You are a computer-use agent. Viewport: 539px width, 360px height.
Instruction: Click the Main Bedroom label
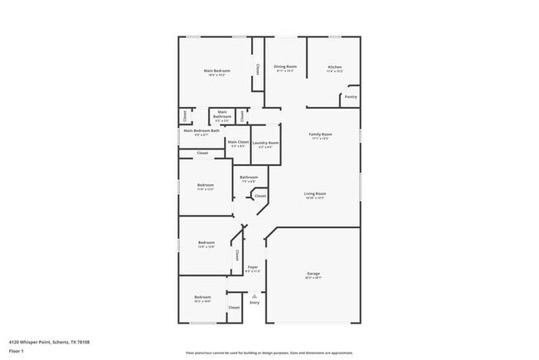pos(217,71)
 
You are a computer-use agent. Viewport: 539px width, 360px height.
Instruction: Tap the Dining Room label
pos(285,66)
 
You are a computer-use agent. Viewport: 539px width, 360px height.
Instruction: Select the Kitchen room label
pos(334,66)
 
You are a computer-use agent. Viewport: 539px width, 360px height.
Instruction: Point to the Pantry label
pos(351,97)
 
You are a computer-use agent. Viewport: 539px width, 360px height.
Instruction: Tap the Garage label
pos(313,274)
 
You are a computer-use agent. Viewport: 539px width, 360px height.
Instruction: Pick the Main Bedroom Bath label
pos(202,130)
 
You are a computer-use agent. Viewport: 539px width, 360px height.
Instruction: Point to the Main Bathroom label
pos(222,114)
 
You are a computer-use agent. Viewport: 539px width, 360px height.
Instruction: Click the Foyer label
pos(253,267)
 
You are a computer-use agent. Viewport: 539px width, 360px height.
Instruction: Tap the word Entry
pos(255,302)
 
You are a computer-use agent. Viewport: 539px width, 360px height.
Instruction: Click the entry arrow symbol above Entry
pos(255,295)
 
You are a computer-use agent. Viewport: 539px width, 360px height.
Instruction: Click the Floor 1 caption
pos(16,351)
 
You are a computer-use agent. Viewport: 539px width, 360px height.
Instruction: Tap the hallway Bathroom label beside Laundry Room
pos(249,177)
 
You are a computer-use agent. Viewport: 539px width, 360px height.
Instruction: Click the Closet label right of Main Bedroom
pos(257,69)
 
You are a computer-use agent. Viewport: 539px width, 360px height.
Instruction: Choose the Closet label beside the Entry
pos(234,307)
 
